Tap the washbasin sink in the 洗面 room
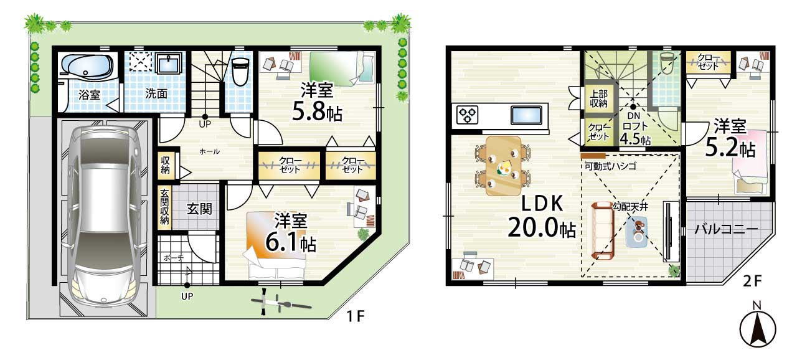(x=169, y=64)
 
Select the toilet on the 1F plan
(x=240, y=72)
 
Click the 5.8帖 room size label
(x=317, y=112)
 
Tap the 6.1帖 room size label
(x=291, y=243)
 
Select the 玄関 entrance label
(x=200, y=209)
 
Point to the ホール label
(x=210, y=151)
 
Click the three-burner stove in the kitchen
(x=467, y=115)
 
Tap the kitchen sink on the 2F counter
(x=526, y=115)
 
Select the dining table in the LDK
(x=504, y=166)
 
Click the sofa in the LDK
(x=603, y=230)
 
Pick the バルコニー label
(x=726, y=229)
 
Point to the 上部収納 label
(x=598, y=98)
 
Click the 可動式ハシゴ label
(x=610, y=166)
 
